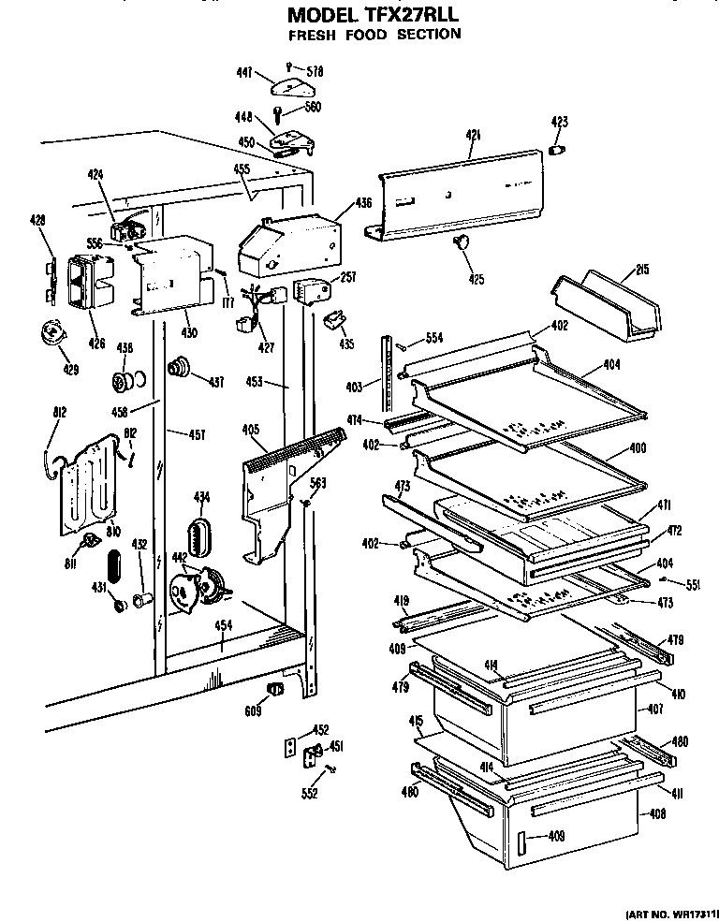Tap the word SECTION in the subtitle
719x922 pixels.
point(426,35)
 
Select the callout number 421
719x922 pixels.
point(472,137)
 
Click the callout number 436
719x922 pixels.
point(363,203)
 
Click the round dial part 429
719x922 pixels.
point(54,332)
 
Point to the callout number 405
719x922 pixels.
point(250,430)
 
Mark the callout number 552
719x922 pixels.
point(309,794)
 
